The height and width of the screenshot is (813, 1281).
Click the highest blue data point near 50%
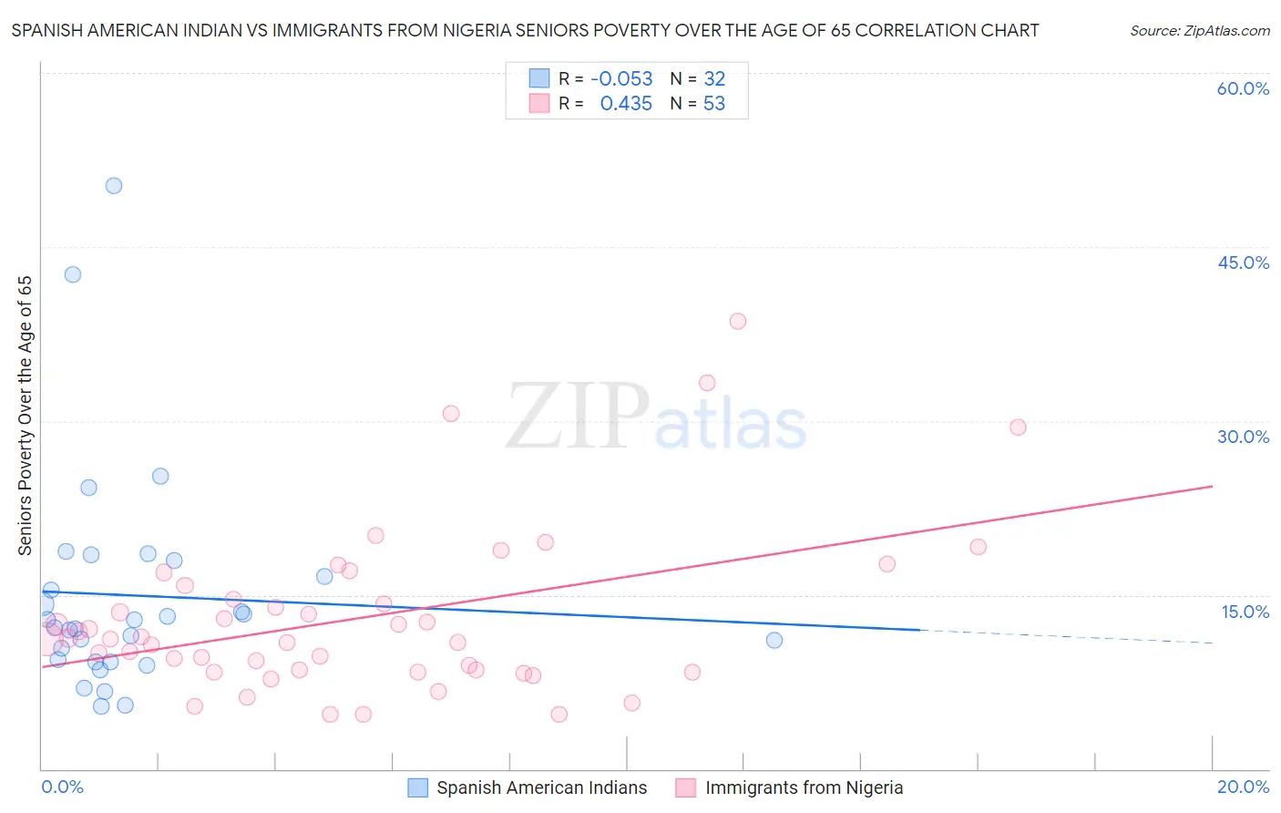coord(114,186)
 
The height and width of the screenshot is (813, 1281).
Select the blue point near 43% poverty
coord(73,274)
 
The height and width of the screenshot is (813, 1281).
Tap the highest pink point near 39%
coord(738,321)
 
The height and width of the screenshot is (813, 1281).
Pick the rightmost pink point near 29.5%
coord(1018,427)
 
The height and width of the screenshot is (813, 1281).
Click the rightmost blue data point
coord(774,640)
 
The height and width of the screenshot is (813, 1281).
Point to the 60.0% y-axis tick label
coord(1243,88)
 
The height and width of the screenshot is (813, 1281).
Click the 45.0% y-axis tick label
coord(1243,262)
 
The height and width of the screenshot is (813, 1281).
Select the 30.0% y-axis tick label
coord(1243,437)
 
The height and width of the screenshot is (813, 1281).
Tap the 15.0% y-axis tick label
coord(1245,612)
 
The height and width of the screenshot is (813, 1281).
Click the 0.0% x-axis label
coord(62,787)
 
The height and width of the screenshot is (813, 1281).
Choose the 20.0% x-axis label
coord(1243,787)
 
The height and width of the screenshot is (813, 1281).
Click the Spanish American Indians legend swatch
coord(418,787)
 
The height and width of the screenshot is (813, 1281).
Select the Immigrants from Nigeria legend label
coord(804,787)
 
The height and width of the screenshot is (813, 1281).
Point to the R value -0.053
coord(621,79)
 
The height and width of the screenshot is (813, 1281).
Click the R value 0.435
coord(626,104)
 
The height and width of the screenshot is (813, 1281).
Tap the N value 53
coord(714,104)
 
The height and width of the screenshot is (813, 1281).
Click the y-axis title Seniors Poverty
coord(25,416)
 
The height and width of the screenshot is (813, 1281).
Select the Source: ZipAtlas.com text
coord(1199,31)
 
